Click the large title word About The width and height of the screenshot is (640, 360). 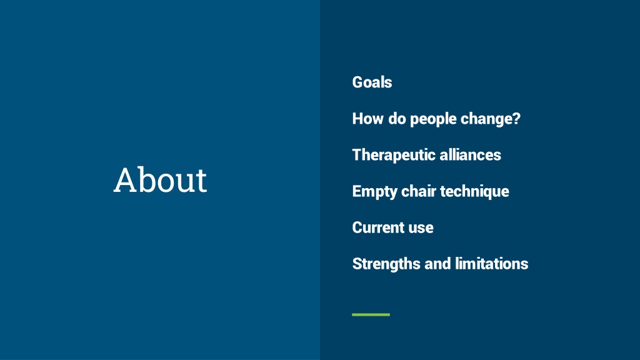[x=161, y=179]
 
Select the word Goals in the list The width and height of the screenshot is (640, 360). [x=372, y=82]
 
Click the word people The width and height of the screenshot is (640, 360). [x=433, y=119]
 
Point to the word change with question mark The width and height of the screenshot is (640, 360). [x=491, y=119]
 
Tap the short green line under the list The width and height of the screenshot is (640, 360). [x=371, y=315]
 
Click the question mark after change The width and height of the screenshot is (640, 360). [x=516, y=118]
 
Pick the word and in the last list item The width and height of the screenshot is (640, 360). [x=437, y=264]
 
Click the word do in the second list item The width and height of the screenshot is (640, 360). [x=397, y=118]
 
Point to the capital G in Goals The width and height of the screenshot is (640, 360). [x=357, y=82]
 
